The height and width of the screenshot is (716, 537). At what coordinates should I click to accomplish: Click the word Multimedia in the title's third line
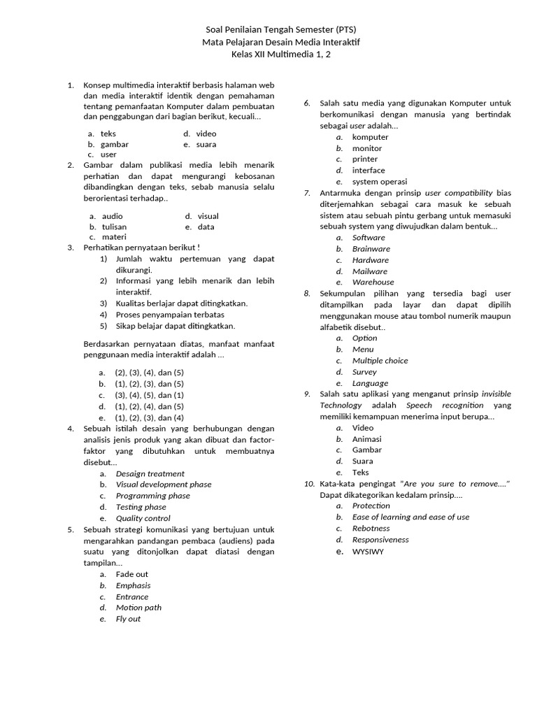coord(288,55)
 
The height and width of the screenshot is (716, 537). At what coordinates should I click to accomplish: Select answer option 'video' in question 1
coord(206,134)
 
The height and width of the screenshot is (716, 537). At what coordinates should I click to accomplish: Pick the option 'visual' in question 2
coord(208,217)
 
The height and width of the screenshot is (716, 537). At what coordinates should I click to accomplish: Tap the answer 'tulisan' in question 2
coord(115,227)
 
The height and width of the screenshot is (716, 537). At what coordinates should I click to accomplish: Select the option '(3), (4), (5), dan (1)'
coord(149,395)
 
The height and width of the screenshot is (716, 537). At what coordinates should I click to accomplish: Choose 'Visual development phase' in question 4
coord(164,485)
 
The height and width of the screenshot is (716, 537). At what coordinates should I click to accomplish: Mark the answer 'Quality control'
coord(143,518)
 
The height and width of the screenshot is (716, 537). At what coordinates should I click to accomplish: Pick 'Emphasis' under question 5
coord(133,585)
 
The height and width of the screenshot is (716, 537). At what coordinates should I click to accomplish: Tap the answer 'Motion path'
coord(138,608)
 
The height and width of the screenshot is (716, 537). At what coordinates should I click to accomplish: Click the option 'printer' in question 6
coord(365,159)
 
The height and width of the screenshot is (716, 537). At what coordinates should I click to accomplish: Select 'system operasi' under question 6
coord(379,182)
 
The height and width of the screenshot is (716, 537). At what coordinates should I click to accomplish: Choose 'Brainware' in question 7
coord(371,249)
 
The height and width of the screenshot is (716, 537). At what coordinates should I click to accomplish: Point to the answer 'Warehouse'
coord(373,282)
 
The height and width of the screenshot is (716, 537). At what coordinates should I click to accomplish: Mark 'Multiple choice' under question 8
coord(380,361)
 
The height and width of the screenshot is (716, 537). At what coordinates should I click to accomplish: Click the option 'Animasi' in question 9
coord(367,439)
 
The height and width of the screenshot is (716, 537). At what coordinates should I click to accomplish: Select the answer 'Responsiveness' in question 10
coord(380,540)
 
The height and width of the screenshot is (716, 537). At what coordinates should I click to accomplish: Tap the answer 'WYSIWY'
coord(368,552)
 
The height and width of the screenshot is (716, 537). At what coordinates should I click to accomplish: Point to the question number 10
coord(309,484)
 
